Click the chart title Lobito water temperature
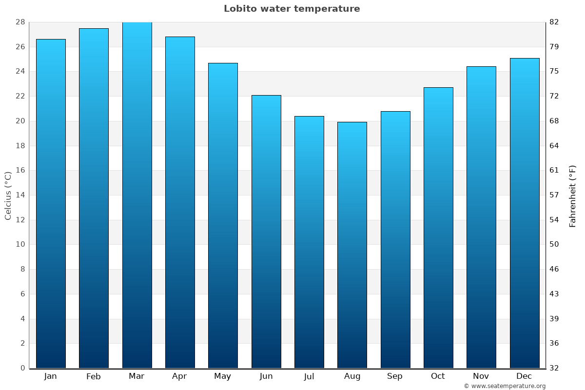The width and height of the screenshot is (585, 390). coord(292,9)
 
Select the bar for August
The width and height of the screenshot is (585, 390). coord(352,245)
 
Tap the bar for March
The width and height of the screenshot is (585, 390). coord(137,195)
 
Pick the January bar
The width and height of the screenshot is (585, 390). coord(51,203)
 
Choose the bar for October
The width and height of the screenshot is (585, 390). coord(438,228)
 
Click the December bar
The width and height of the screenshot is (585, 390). coord(525,213)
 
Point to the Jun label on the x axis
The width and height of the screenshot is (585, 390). coord(266,376)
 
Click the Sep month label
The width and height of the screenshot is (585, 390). coord(395,376)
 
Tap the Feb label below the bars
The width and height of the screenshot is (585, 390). coord(94,376)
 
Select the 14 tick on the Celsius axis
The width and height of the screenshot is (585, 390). coord(20,195)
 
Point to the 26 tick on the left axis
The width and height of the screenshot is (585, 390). coord(20,47)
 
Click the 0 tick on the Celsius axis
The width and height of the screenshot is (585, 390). coord(22,368)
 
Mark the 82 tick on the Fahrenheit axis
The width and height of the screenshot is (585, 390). coord(554,22)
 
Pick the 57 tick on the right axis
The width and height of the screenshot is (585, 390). coord(554,195)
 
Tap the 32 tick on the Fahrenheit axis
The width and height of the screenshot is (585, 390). coord(554,368)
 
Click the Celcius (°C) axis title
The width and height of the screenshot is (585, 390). coord(8,195)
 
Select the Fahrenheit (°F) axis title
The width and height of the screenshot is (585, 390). coord(573,196)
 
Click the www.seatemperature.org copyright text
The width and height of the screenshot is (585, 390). coord(505,386)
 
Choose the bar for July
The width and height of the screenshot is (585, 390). coord(309,242)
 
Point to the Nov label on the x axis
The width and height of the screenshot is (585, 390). coord(481,376)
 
